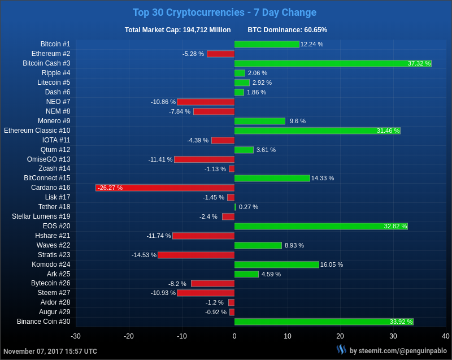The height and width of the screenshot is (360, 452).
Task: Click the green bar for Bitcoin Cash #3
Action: [x=333, y=63]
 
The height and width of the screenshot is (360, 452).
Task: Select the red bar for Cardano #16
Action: [x=165, y=188]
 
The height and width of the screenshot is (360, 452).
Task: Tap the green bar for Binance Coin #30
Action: [x=324, y=322]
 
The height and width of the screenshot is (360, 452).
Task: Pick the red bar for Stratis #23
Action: [x=196, y=255]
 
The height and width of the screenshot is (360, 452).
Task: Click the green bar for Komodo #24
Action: [x=277, y=264]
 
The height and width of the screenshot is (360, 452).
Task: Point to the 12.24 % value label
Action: [x=312, y=44]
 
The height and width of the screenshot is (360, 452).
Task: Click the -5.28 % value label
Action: [x=193, y=54]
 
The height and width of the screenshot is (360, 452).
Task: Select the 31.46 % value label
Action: [x=388, y=131]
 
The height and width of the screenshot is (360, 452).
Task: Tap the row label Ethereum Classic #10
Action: [x=37, y=131]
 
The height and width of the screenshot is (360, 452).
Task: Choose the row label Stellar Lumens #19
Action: [x=41, y=216]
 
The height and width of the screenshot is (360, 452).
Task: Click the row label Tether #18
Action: [x=54, y=207]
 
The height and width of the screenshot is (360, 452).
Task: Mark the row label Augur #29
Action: [x=55, y=312]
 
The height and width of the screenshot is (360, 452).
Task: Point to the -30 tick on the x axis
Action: [x=76, y=336]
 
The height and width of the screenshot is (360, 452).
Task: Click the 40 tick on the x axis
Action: [x=446, y=336]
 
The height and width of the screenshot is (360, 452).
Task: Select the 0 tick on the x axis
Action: [x=234, y=336]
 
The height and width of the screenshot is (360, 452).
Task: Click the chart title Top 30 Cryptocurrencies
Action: [x=224, y=12]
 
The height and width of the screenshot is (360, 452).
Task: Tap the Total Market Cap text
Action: [x=177, y=30]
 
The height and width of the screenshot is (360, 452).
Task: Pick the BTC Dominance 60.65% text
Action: [x=287, y=30]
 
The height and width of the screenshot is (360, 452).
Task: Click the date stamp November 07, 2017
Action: [x=50, y=351]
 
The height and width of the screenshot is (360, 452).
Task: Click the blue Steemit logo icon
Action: [x=341, y=350]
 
